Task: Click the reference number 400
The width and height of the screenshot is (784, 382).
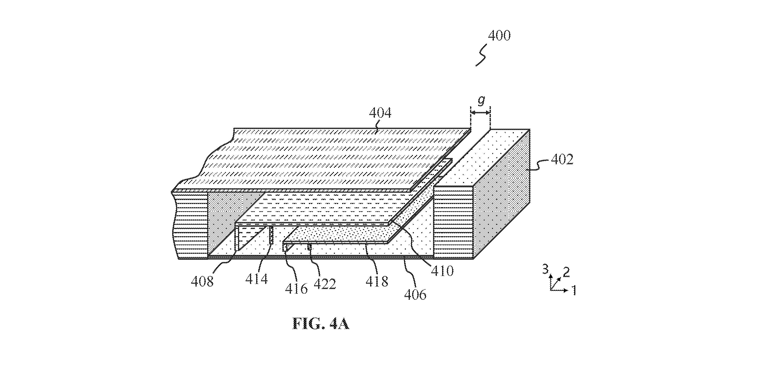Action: point(499,36)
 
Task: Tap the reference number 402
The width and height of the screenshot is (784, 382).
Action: point(562,159)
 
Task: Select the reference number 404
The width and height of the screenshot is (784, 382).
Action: point(380,113)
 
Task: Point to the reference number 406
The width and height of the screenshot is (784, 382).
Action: point(415,294)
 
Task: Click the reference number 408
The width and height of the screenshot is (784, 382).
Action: point(202,281)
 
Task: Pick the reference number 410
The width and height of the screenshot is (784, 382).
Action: point(442,270)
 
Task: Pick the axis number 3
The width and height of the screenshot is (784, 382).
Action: point(546,270)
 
